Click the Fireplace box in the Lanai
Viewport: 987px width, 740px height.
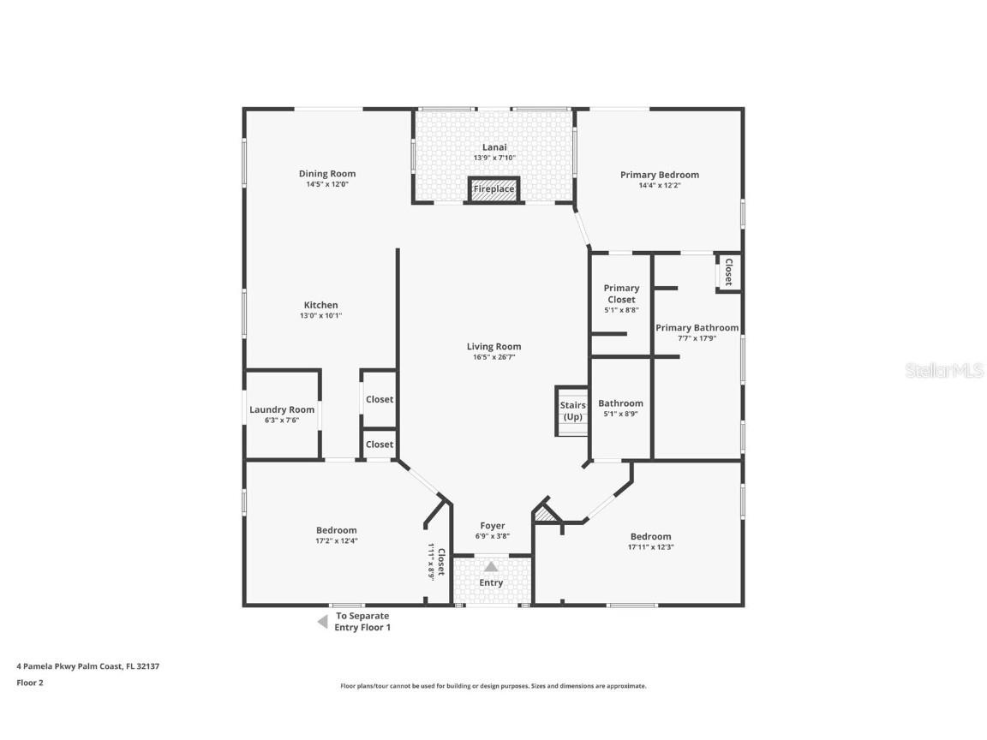tap(493, 189)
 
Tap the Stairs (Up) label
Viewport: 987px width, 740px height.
tap(573, 411)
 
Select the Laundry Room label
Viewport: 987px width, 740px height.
tap(282, 409)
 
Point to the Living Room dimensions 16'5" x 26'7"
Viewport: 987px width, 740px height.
tap(494, 357)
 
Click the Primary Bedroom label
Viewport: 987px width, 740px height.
tap(660, 175)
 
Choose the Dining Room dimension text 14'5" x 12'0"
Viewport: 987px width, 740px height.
tap(327, 185)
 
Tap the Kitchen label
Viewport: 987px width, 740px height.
tap(321, 305)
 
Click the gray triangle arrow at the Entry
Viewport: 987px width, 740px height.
tap(491, 567)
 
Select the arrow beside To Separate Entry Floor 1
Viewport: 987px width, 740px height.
tap(322, 623)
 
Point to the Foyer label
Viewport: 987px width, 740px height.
tap(493, 526)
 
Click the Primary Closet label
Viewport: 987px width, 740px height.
tap(621, 294)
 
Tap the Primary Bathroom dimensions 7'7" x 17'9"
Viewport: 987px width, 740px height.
tap(697, 338)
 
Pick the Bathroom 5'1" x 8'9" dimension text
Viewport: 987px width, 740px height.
tap(621, 414)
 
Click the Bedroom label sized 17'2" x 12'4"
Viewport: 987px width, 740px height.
tap(336, 530)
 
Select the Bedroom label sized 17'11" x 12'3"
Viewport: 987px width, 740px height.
tap(651, 537)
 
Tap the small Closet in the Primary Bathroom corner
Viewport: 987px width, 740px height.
tap(729, 272)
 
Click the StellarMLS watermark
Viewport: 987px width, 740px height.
tap(944, 371)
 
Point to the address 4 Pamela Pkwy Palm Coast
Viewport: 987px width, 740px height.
tap(88, 666)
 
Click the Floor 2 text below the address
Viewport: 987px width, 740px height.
tap(30, 683)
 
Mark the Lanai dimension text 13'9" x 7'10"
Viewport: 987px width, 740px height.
tap(494, 158)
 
